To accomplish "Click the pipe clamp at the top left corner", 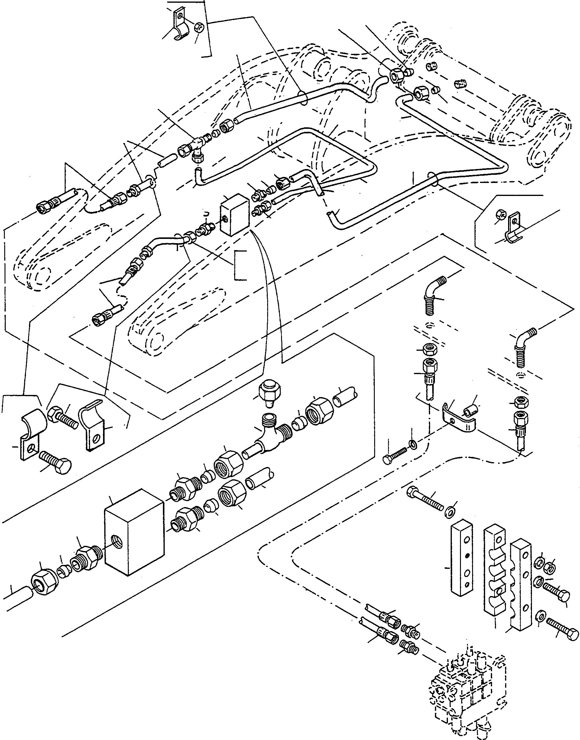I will tap(179, 29).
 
